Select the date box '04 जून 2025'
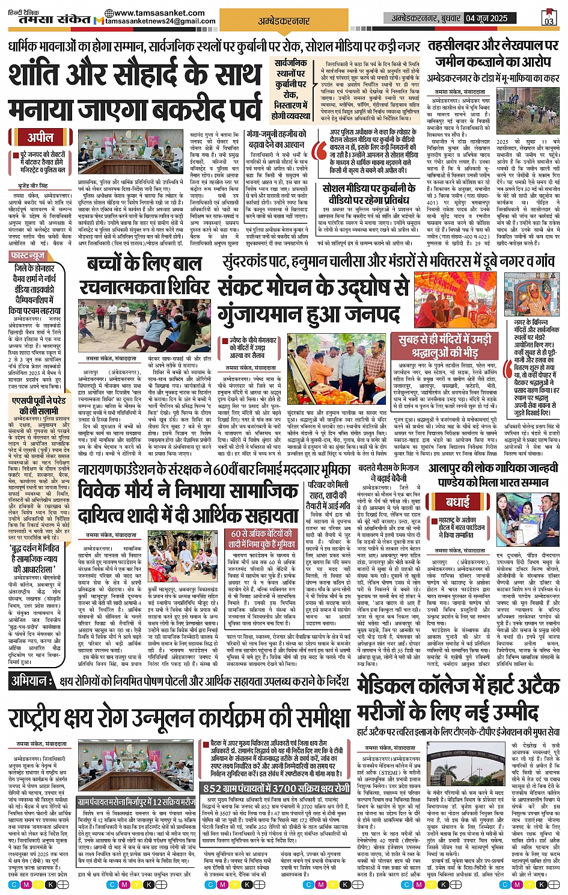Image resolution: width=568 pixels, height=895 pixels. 487,18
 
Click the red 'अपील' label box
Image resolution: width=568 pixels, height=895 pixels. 40,137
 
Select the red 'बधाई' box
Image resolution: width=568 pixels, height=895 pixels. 458,502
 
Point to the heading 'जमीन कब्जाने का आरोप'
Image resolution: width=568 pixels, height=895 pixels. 486,61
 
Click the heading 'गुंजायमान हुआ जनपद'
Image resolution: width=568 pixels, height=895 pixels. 308,313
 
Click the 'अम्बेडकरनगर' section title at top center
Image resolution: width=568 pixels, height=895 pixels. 284,21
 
